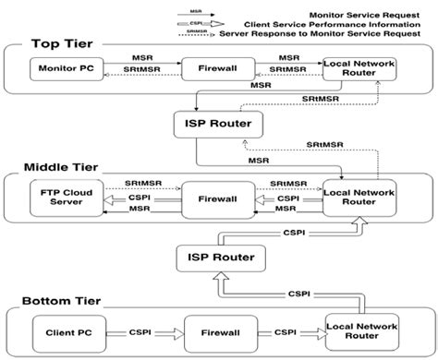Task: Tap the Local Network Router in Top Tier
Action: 358,68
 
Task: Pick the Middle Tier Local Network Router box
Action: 359,196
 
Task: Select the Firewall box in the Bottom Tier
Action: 211,328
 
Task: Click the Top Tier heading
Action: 61,42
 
